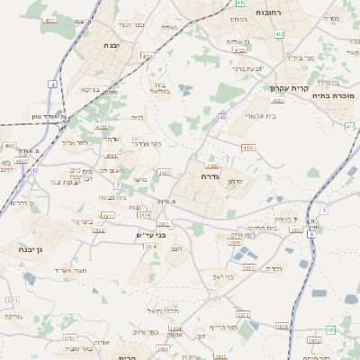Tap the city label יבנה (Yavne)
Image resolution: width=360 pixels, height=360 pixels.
coord(111,44)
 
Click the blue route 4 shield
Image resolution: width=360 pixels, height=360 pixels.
coord(53,84)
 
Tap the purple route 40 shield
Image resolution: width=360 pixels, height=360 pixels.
coord(221,117)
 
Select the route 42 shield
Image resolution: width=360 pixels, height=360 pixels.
coord(34,169)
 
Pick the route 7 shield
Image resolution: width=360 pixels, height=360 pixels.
coord(117,184)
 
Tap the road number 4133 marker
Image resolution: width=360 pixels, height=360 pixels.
coord(247,147)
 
